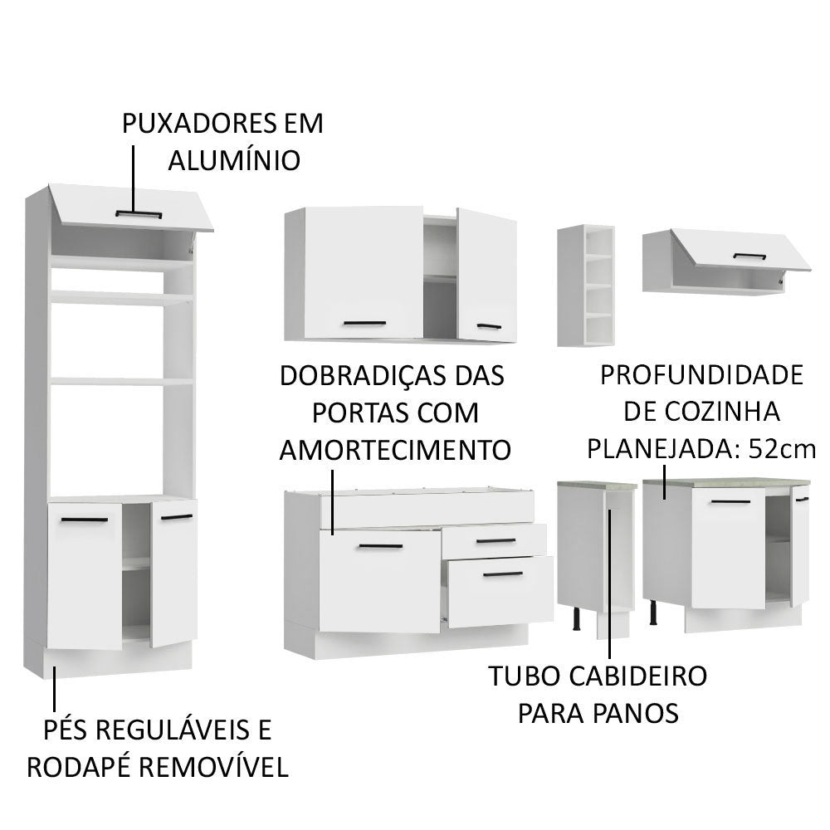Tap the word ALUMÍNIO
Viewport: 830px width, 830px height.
(x=233, y=159)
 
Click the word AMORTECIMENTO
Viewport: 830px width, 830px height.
(x=394, y=450)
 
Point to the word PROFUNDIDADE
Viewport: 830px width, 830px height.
(x=701, y=375)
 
